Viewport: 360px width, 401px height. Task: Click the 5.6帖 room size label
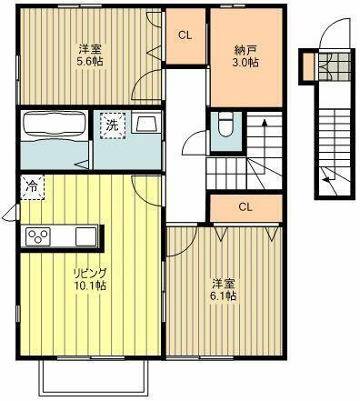click(x=88, y=64)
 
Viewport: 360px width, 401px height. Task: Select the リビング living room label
click(x=91, y=272)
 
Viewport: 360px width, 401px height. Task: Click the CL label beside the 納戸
click(x=185, y=35)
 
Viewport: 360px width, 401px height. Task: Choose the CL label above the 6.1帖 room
click(x=245, y=206)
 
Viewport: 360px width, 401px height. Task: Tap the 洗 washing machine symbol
click(x=109, y=124)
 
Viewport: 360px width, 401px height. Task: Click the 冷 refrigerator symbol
click(x=31, y=186)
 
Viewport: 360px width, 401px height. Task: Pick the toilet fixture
click(x=224, y=126)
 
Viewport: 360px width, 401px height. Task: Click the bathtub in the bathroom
click(x=53, y=125)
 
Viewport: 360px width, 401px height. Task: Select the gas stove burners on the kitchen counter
click(x=38, y=237)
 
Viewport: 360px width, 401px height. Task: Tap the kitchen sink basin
click(x=84, y=236)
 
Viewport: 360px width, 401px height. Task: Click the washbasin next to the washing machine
click(x=145, y=125)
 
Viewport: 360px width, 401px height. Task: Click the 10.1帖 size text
click(x=91, y=286)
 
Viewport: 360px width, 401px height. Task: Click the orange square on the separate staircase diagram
click(x=310, y=65)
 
